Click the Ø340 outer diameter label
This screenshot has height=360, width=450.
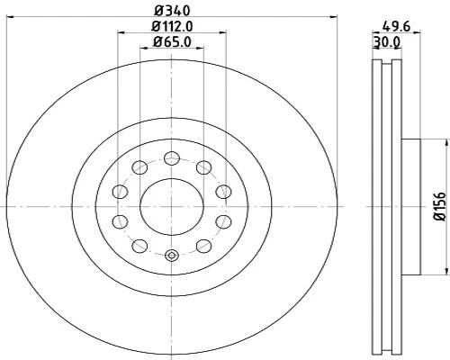pos(171,10)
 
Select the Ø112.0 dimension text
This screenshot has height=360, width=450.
pos(171,26)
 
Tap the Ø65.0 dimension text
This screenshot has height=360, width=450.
pos(171,41)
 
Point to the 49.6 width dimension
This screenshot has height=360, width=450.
pos(389,27)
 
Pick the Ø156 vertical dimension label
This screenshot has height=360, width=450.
pos(440,206)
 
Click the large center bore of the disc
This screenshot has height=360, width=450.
pos(171,206)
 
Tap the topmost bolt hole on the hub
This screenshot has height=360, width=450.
pos(171,158)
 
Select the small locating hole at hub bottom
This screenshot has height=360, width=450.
pos(171,255)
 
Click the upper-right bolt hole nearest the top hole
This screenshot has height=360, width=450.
pos(204,167)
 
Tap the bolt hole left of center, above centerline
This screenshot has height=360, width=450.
pos(119,191)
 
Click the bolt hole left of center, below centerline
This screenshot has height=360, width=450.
pos(119,221)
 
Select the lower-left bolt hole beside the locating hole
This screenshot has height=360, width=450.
pos(138,246)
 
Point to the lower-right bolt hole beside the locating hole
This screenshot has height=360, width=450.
pos(204,246)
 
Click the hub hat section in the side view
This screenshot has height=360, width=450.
pos(409,206)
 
